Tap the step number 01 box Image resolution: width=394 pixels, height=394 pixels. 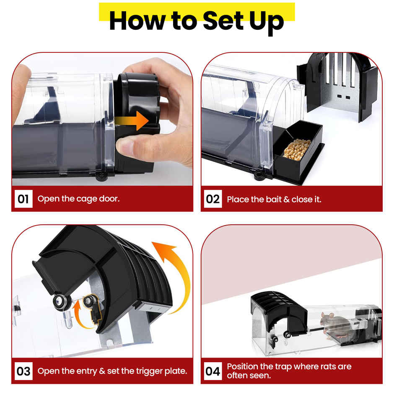point(23,199)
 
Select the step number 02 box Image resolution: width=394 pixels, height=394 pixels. point(213,199)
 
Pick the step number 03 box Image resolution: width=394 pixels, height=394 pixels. point(23,371)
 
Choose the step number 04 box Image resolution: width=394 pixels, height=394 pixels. point(213,371)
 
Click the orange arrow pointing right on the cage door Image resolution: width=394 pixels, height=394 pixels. point(132,121)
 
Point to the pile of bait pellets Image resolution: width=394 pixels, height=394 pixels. point(297,149)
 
